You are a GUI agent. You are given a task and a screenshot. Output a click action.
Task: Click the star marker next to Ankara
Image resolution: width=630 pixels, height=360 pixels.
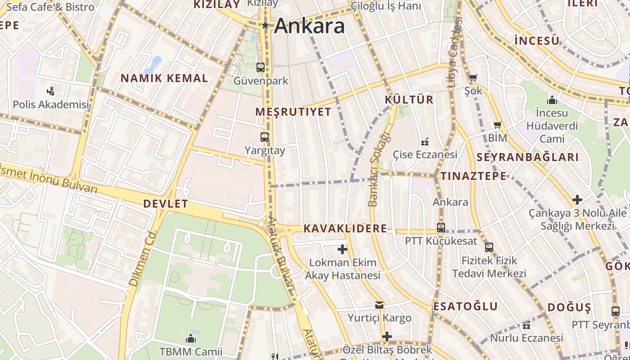pos(265,26)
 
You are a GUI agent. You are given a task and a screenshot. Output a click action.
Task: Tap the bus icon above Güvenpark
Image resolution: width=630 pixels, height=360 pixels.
pos(261,67)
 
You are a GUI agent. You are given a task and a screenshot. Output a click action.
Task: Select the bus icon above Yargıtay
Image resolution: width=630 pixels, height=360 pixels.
pos(265,137)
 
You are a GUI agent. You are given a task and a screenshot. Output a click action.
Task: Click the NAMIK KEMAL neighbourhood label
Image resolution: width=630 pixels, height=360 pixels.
pos(164,78)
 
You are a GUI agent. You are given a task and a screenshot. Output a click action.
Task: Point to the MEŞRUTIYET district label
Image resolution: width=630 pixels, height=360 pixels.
pos(293,112)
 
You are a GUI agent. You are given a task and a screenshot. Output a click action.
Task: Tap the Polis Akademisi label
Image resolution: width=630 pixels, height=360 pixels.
pos(51,104)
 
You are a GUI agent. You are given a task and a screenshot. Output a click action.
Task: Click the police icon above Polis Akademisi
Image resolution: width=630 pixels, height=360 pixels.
pos(51,91)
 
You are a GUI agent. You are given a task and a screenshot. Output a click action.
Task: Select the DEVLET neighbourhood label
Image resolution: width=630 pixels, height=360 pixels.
pos(166,204)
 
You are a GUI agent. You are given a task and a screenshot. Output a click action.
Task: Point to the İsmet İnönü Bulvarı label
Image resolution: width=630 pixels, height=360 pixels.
pos(48,178)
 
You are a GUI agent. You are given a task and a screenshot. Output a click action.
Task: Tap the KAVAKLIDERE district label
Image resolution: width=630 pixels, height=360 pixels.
pos(345,229)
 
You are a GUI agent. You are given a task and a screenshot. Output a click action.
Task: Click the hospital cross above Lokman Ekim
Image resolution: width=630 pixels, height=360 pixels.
pos(342,249)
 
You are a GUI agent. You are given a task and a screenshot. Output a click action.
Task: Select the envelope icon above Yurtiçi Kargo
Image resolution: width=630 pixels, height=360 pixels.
pos(379,305)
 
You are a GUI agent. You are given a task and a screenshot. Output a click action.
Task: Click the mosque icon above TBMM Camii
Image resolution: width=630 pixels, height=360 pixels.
pos(191,338)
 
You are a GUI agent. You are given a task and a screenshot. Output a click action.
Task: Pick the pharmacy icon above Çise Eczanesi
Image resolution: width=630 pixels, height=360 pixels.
pos(424,142)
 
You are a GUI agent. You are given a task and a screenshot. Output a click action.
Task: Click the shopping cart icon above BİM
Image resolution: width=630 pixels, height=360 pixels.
pos(497,125)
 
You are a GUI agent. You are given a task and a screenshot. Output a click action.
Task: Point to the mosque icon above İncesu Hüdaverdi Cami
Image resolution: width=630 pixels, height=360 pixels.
pos(552,99)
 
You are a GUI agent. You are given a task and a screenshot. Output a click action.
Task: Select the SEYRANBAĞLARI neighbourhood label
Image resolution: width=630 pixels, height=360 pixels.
pos(527,157)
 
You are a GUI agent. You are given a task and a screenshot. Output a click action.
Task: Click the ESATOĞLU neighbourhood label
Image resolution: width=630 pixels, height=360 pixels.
pos(465,306)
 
